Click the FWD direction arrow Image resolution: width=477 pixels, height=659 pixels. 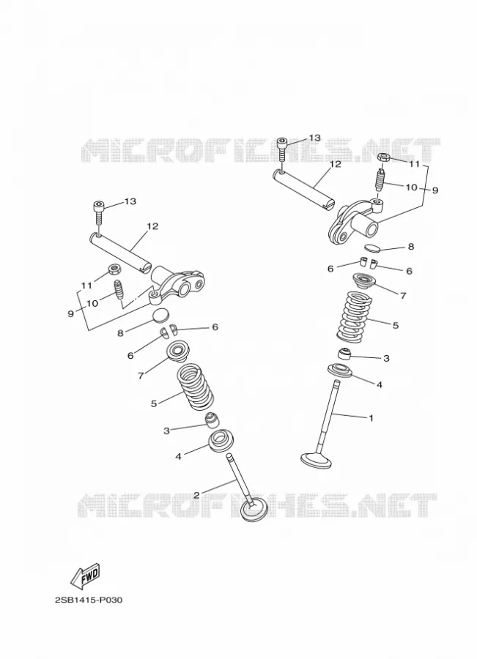86,575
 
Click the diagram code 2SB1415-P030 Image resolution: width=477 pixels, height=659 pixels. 89,600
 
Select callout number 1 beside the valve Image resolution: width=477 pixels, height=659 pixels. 371,418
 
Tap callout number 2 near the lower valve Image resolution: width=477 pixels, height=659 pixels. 196,495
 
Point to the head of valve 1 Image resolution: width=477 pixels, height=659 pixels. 316,460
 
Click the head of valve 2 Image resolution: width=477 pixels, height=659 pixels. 254,510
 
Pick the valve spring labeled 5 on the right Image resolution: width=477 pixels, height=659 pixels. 355,316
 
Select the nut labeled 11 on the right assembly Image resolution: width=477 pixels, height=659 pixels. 384,157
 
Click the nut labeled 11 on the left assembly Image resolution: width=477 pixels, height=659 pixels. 113,269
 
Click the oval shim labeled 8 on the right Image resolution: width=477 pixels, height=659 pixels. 372,247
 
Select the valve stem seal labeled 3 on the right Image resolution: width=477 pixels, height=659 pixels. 344,354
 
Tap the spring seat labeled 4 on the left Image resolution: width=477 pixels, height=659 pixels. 221,442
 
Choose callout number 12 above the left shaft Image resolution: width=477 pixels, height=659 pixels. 152,226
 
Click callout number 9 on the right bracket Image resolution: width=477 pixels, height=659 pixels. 435,190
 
